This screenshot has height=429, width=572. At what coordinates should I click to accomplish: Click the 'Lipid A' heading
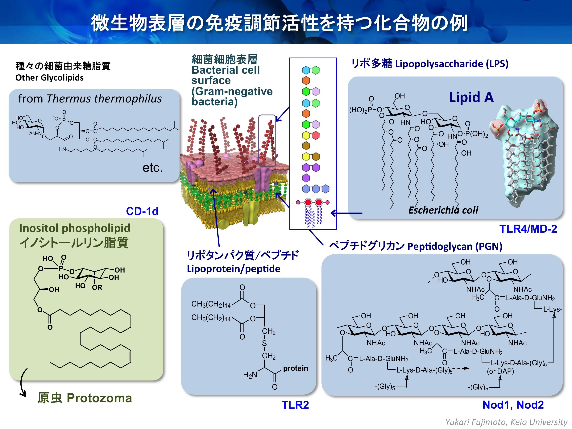[x=471, y=98]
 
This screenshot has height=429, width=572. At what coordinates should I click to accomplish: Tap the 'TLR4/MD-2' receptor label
[x=528, y=229]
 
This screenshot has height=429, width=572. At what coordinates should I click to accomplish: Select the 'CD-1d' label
[x=142, y=211]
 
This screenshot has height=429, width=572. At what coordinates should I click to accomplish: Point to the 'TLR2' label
[x=295, y=405]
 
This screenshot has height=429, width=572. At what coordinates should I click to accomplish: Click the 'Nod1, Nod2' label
[x=513, y=405]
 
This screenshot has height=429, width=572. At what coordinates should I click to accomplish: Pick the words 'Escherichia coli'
[x=443, y=210]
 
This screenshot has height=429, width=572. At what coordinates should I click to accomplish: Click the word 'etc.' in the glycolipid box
[x=153, y=168]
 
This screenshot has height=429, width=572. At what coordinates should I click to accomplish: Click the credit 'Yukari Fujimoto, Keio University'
[x=506, y=422]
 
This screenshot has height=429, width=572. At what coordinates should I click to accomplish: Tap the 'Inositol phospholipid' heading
[x=75, y=228]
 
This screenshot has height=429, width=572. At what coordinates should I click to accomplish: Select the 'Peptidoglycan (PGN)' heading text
[x=455, y=246]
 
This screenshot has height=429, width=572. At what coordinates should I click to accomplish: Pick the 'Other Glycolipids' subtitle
[x=49, y=78]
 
